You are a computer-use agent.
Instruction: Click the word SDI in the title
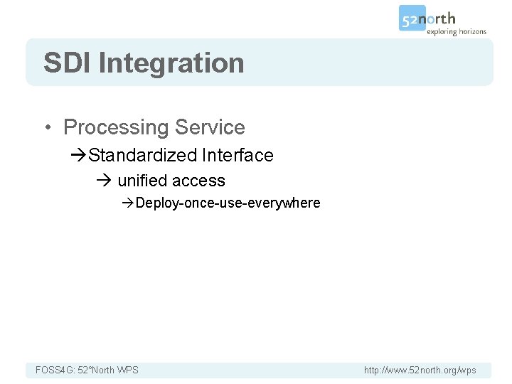tap(68, 63)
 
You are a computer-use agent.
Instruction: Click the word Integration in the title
tap(171, 63)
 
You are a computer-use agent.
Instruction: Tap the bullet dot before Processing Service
tap(47, 128)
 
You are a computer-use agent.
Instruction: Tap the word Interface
tap(238, 155)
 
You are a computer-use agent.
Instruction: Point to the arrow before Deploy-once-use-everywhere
tap(128, 203)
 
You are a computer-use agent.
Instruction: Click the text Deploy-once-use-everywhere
tap(228, 203)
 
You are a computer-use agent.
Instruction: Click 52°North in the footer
tap(95, 370)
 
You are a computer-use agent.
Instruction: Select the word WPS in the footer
tap(128, 370)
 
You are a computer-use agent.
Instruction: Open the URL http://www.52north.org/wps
tap(420, 370)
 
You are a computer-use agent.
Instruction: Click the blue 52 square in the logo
tap(411, 18)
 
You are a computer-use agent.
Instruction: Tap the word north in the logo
tap(440, 18)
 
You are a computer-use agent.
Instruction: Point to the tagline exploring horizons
tap(456, 32)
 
